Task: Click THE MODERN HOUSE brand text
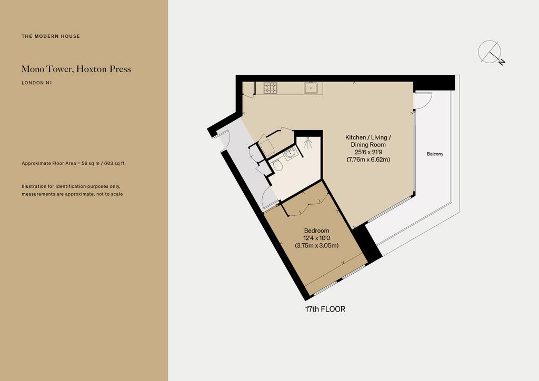51,36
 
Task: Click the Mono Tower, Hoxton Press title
76,69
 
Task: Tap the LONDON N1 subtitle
37,83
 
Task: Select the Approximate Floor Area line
73,163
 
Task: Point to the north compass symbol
491,53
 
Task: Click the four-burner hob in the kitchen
271,88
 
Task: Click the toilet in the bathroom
277,167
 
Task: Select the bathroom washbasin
291,154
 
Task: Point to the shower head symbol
307,142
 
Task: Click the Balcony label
435,154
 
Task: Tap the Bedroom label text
316,230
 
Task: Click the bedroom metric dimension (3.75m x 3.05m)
316,246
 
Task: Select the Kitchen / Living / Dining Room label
368,141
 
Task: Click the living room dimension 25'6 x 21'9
368,152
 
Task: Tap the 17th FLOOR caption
325,309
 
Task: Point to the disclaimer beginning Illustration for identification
72,190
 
